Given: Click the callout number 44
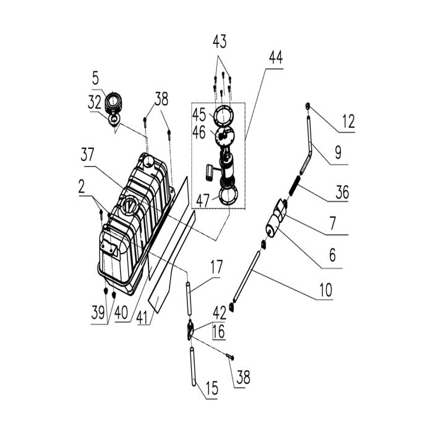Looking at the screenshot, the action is (x=276, y=58).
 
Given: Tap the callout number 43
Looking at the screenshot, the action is (x=220, y=41).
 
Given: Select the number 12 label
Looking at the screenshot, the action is (x=348, y=121).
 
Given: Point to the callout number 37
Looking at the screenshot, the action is (x=87, y=155).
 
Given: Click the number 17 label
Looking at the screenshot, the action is (x=216, y=267).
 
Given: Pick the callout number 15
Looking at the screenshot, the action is (x=212, y=388).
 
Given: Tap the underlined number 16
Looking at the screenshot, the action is (x=219, y=332).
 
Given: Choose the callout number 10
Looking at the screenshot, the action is (x=326, y=290).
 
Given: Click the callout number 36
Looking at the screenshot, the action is (x=342, y=192).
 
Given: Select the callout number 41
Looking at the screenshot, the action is (x=143, y=317).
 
